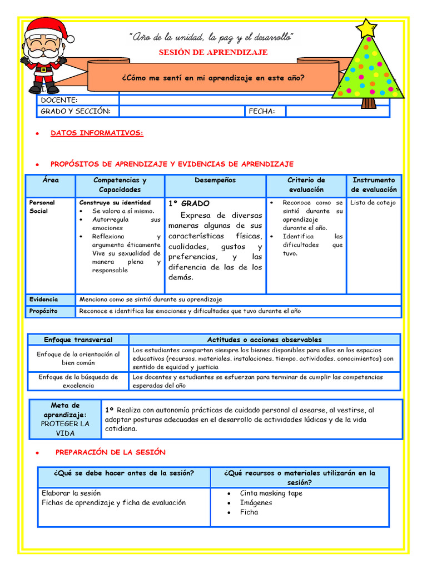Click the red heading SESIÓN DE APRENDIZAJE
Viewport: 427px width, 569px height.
213,52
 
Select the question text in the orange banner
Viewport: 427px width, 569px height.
213,78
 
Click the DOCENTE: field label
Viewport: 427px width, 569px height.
59,100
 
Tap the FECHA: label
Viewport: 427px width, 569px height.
262,111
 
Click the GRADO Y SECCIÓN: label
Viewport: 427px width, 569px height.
76,111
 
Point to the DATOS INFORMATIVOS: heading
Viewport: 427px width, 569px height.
97,133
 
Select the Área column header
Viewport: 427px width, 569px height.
50,180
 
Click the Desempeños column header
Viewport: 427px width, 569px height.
215,180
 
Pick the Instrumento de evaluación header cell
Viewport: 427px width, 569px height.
374,185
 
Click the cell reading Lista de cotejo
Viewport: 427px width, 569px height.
373,203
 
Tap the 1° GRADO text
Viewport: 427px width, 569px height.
189,204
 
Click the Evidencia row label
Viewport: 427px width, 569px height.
43,300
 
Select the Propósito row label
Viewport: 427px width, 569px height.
43,311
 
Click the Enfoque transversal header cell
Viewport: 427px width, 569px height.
78,340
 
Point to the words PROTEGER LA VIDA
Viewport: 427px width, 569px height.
65,428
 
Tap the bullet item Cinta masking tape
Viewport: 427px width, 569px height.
271,493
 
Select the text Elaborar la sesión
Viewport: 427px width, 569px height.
71,493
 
